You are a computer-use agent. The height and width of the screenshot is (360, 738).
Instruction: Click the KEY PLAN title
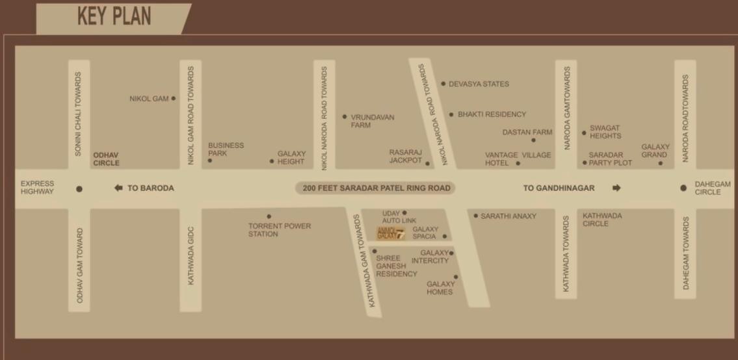(x=114, y=16)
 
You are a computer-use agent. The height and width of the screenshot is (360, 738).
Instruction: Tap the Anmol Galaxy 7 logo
(x=391, y=233)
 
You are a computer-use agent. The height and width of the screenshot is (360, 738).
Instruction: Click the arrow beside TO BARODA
(x=118, y=188)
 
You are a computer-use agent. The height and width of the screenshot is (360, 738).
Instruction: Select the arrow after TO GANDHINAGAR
(x=616, y=188)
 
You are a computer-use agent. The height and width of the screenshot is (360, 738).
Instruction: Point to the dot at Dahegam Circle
(x=683, y=188)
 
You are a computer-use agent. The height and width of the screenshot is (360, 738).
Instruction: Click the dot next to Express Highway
(x=79, y=189)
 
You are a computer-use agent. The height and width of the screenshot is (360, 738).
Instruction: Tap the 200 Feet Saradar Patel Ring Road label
(x=376, y=188)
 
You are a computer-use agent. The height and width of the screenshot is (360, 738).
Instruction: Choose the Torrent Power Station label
(x=280, y=230)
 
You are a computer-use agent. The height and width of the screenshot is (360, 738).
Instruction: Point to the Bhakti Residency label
(x=492, y=114)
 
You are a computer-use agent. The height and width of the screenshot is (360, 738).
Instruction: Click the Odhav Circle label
(x=106, y=159)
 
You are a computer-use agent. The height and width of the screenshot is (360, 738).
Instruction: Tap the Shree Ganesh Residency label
(x=396, y=266)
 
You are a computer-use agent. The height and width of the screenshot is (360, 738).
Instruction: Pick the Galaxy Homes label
(x=440, y=288)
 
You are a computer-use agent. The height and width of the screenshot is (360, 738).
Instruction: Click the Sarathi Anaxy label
(x=508, y=216)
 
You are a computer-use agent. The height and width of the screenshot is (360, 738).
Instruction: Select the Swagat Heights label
(x=605, y=132)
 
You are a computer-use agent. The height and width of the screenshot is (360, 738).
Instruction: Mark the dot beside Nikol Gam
(x=174, y=99)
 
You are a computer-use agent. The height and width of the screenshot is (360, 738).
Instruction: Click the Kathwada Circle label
(x=602, y=220)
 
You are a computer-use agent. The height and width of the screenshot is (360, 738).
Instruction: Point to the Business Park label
(x=226, y=149)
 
